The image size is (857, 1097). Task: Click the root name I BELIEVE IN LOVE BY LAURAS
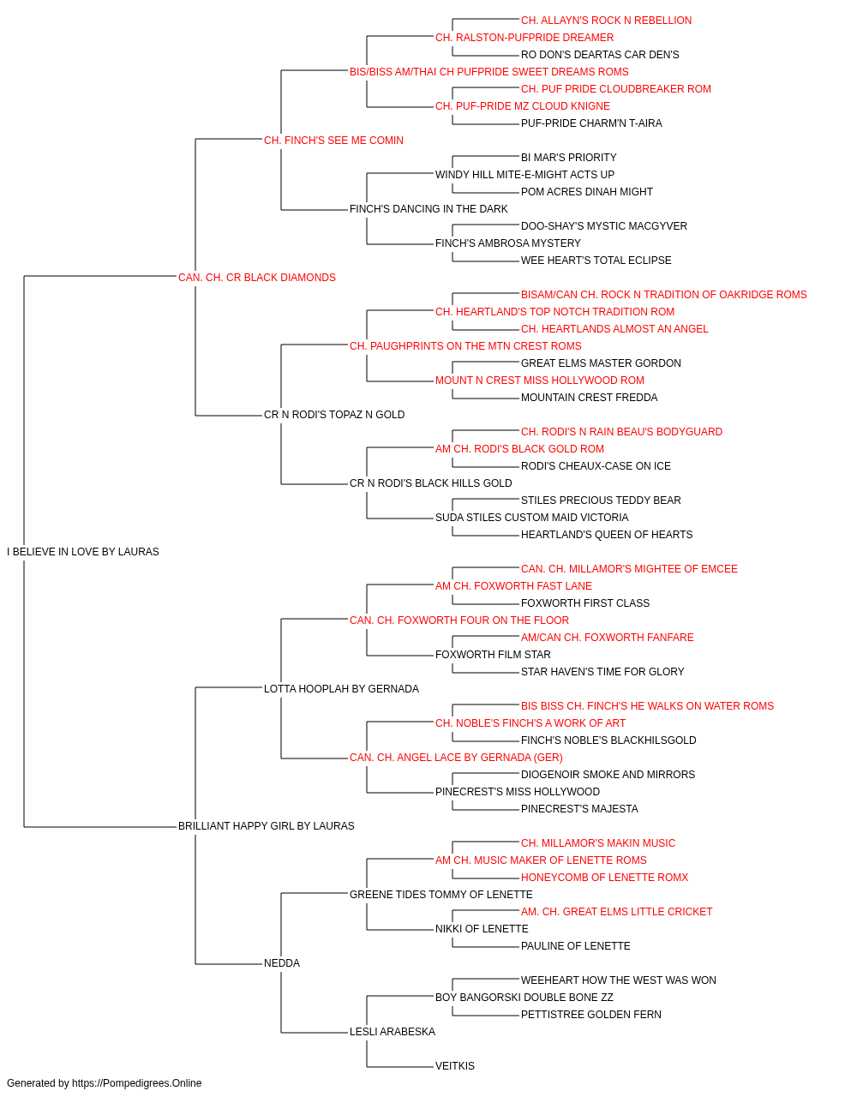(83, 552)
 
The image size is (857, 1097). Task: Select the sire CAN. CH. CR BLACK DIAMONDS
(257, 278)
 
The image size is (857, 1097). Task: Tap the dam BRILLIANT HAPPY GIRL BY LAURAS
(266, 826)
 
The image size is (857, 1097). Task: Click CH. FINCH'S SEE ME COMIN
(333, 141)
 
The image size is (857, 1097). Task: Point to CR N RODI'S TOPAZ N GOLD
(334, 415)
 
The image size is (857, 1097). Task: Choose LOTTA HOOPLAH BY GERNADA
(341, 689)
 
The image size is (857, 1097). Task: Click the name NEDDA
(282, 963)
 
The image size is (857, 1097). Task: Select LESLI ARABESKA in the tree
(393, 1032)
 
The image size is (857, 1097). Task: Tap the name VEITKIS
(455, 1066)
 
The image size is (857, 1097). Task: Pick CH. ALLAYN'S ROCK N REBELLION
(606, 21)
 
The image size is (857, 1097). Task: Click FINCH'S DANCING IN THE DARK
(428, 209)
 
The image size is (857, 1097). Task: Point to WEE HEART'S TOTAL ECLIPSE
(596, 261)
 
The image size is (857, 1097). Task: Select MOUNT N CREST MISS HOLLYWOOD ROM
(540, 381)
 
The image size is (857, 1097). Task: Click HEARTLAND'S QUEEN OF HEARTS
(607, 535)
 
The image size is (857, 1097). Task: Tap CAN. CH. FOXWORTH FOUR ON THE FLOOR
(459, 620)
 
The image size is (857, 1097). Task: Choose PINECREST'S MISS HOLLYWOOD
(518, 792)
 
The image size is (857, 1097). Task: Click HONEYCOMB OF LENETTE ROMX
(605, 878)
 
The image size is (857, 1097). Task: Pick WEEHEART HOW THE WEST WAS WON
(618, 980)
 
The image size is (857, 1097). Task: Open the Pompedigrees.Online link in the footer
(137, 1083)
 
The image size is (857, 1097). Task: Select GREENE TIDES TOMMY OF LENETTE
(441, 895)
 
